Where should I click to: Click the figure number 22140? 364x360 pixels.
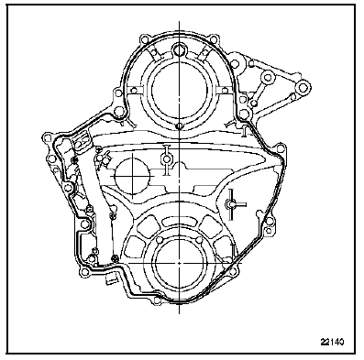(x=332, y=342)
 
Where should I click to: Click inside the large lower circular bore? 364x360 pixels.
(x=179, y=263)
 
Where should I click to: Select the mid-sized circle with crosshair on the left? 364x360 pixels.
(x=132, y=176)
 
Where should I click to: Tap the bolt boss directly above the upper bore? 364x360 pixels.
(x=180, y=49)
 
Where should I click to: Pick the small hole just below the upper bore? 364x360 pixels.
(x=180, y=125)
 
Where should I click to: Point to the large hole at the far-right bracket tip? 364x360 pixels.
(x=303, y=88)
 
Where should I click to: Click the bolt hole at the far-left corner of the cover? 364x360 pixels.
(x=47, y=137)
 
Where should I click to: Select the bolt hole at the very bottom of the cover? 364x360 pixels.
(x=157, y=300)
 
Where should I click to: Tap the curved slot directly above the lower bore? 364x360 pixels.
(x=180, y=222)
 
